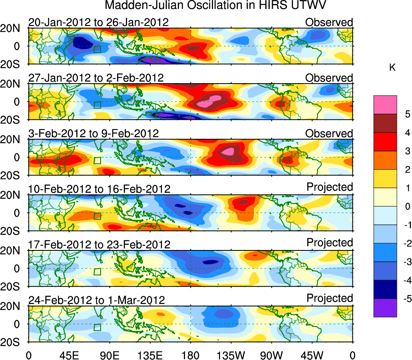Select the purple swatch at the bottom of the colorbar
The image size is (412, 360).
[385, 308]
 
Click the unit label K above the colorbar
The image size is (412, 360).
[392, 68]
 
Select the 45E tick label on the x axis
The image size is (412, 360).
[69, 355]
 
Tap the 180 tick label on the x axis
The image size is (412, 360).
[191, 355]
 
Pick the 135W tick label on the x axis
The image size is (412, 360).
[231, 355]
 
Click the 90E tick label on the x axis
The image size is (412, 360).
[110, 355]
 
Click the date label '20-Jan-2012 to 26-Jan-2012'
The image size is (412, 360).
[98, 22]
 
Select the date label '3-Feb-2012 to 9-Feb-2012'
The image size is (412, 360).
[93, 134]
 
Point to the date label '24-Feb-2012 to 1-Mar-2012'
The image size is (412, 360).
[96, 300]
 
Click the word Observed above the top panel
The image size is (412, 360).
[329, 22]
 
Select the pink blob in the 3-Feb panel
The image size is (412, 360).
[229, 152]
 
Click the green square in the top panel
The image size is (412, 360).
[97, 49]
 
